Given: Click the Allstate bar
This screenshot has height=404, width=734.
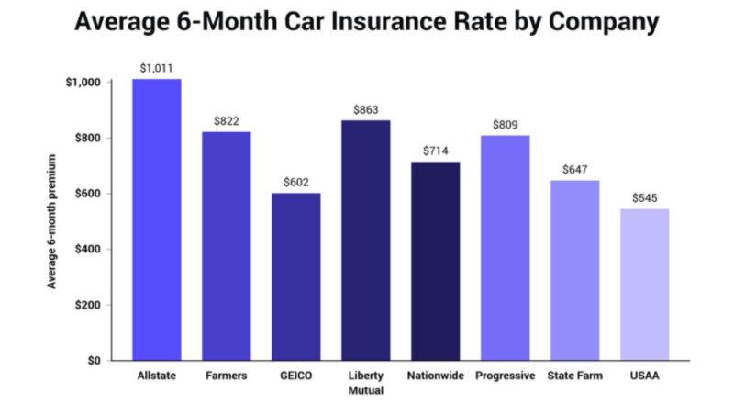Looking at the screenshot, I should click(x=157, y=219).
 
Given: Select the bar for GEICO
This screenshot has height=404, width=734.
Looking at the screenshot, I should click(x=296, y=276).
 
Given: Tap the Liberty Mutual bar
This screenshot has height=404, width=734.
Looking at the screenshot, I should click(x=365, y=240).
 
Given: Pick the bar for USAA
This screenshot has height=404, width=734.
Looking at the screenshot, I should click(x=644, y=285).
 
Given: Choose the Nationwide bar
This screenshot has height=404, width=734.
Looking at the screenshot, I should click(x=435, y=261).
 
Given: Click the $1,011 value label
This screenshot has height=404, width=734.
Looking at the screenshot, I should click(x=157, y=68).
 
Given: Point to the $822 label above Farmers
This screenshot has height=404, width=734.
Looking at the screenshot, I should click(x=227, y=121).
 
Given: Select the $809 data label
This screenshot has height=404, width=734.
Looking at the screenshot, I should click(x=505, y=125).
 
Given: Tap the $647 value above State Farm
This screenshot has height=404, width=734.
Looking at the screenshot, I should click(x=574, y=170).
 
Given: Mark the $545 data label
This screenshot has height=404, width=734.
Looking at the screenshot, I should click(x=644, y=198).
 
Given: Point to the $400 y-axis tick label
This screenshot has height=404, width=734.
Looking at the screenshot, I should click(x=87, y=250).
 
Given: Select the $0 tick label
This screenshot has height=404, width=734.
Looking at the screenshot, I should click(x=94, y=361).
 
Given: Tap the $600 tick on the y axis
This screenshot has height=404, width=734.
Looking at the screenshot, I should click(x=87, y=194).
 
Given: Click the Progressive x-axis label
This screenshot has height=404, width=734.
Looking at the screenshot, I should click(x=505, y=376).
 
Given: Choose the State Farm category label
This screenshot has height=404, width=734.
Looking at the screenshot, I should click(x=574, y=376).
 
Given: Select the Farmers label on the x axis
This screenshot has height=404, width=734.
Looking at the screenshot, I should click(x=227, y=376).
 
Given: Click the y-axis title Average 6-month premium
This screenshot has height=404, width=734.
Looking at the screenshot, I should click(x=52, y=221).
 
